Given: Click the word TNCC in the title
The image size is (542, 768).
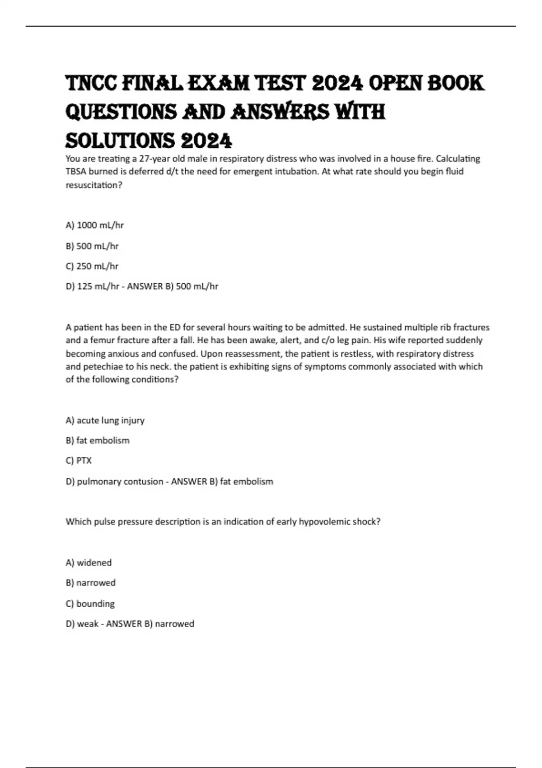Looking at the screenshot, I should (91, 84).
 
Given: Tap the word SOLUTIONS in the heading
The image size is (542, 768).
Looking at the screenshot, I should (119, 141).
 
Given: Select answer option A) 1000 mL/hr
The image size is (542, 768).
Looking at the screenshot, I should (94, 225).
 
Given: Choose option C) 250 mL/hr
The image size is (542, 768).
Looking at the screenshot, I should (92, 266).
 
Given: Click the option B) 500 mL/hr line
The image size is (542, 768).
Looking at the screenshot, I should (92, 246).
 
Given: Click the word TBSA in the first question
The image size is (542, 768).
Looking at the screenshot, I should (76, 171).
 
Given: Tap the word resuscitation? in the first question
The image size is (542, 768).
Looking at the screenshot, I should (94, 185).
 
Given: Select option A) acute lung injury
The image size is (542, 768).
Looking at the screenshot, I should (105, 420).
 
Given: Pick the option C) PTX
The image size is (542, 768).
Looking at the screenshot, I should (79, 460).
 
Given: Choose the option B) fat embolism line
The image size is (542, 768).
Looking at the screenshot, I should (97, 440).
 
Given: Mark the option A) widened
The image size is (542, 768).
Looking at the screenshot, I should (89, 562).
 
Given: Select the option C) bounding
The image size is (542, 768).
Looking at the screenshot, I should (90, 604).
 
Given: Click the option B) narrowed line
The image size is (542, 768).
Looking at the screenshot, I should (90, 583).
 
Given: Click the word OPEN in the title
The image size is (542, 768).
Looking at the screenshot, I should (394, 84).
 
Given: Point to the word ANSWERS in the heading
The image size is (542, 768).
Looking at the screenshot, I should (280, 112).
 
